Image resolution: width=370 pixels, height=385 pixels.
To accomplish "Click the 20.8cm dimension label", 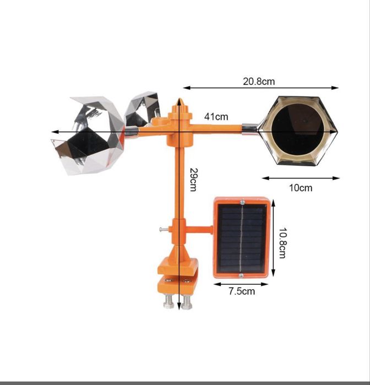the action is pyautogui.click(x=259, y=82).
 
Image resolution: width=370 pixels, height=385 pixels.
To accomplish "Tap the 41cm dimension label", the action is pyautogui.click(x=216, y=117).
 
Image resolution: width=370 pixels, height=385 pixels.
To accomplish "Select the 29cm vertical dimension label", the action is pyautogui.click(x=193, y=180).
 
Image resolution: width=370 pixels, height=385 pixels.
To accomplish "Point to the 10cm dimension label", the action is pyautogui.click(x=301, y=188).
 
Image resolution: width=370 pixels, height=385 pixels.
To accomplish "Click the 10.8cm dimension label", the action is pyautogui.click(x=282, y=243).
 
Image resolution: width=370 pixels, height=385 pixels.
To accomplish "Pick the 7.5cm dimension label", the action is pyautogui.click(x=242, y=291).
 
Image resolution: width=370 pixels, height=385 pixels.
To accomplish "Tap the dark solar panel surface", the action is pyautogui.click(x=241, y=238).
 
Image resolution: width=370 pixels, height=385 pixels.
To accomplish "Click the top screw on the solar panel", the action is pyautogui.click(x=242, y=202).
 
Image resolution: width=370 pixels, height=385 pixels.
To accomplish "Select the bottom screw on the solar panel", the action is pyautogui.click(x=241, y=275).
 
